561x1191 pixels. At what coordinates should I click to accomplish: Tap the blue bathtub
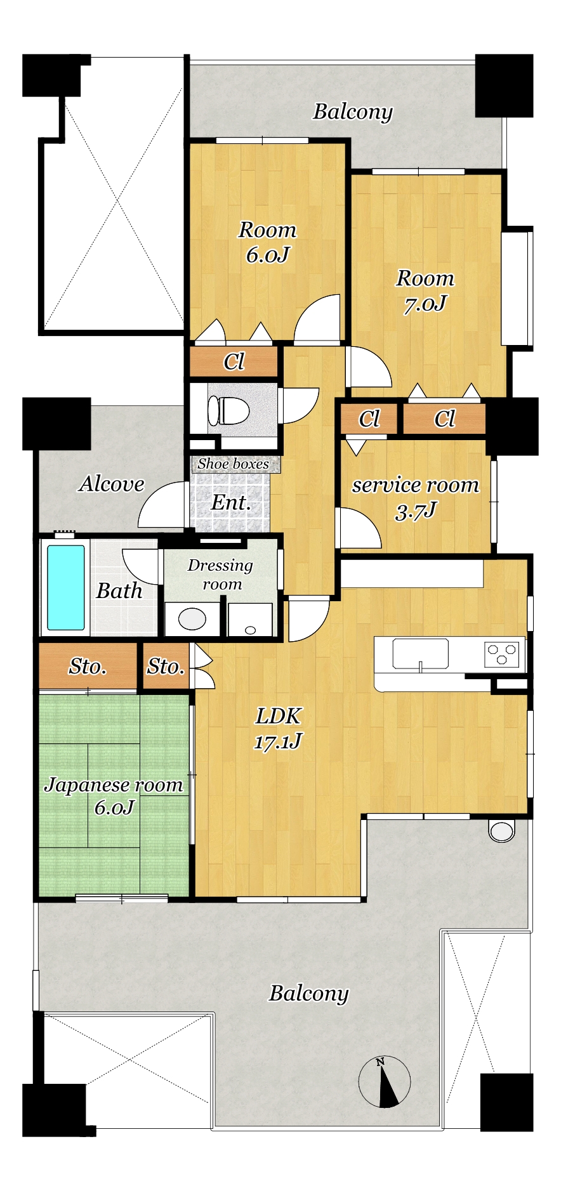click(x=66, y=587)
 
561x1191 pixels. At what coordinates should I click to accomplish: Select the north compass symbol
click(x=384, y=1081)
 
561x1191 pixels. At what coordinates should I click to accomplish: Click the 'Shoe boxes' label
click(x=233, y=464)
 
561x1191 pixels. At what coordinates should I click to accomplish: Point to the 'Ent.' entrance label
click(x=231, y=503)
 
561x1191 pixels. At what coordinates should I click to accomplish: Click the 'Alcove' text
click(x=112, y=484)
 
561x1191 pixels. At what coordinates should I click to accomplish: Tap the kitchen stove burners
click(x=502, y=654)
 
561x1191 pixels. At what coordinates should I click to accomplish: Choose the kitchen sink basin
click(x=420, y=654)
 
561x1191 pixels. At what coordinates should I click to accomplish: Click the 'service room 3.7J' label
click(x=416, y=497)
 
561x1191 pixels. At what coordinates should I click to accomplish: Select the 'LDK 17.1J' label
click(x=278, y=728)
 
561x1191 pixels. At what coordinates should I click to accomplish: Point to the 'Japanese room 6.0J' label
click(x=114, y=795)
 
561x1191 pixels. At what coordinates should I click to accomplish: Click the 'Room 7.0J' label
click(x=425, y=290)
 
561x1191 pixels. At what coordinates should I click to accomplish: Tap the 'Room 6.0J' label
click(x=267, y=242)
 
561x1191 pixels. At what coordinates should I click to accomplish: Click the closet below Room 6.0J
click(x=234, y=361)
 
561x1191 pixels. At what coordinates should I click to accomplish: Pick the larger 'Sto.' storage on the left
click(x=88, y=666)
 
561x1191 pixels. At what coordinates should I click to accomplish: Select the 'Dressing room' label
click(x=220, y=574)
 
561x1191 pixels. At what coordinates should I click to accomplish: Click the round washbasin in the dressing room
click(x=192, y=618)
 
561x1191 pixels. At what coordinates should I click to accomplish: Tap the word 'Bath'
click(x=119, y=590)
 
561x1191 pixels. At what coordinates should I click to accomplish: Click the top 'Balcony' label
click(x=353, y=112)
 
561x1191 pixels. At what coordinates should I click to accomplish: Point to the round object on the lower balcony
click(x=501, y=831)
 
